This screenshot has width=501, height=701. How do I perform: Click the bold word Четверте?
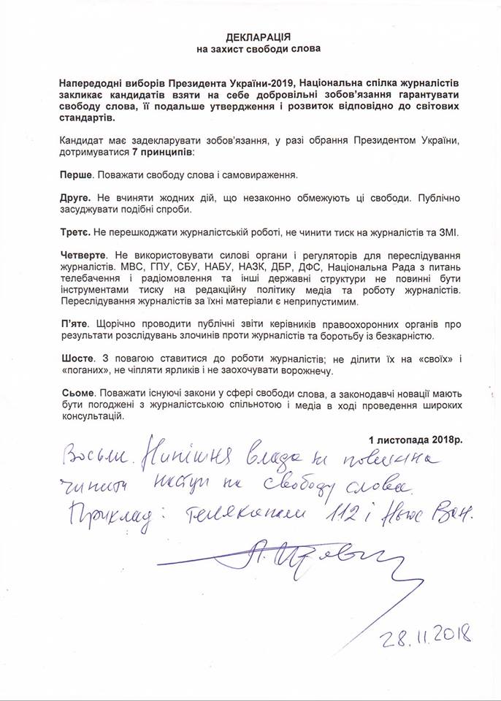[x=83, y=254]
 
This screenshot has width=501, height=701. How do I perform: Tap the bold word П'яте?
[x=74, y=323]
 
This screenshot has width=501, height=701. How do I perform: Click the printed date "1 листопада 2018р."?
[x=415, y=440]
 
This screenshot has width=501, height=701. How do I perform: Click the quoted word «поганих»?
[x=83, y=370]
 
